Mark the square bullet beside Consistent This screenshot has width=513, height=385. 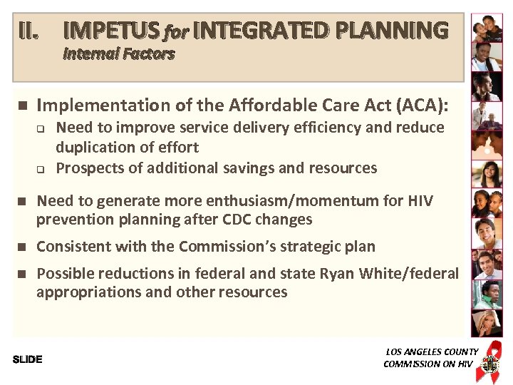coord(22,247)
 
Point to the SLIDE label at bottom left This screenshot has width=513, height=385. coord(28,359)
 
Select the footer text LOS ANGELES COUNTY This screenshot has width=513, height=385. coord(432,351)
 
